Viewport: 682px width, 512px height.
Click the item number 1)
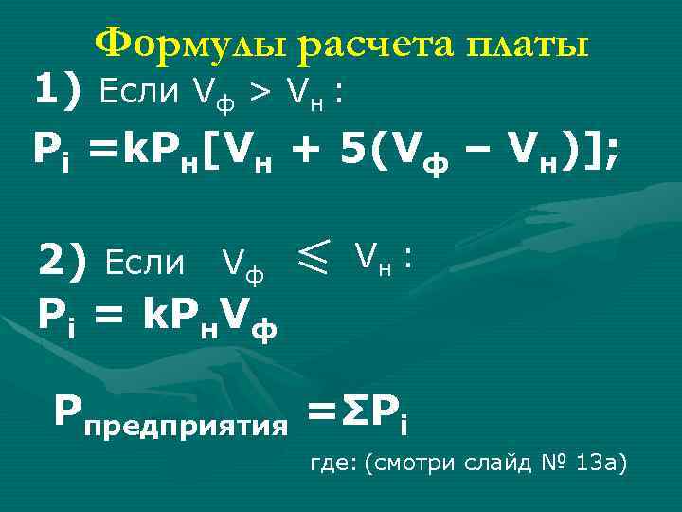59,91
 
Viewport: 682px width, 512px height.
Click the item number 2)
63,258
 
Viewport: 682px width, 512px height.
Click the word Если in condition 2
145,261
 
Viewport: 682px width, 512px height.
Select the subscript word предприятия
186,422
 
